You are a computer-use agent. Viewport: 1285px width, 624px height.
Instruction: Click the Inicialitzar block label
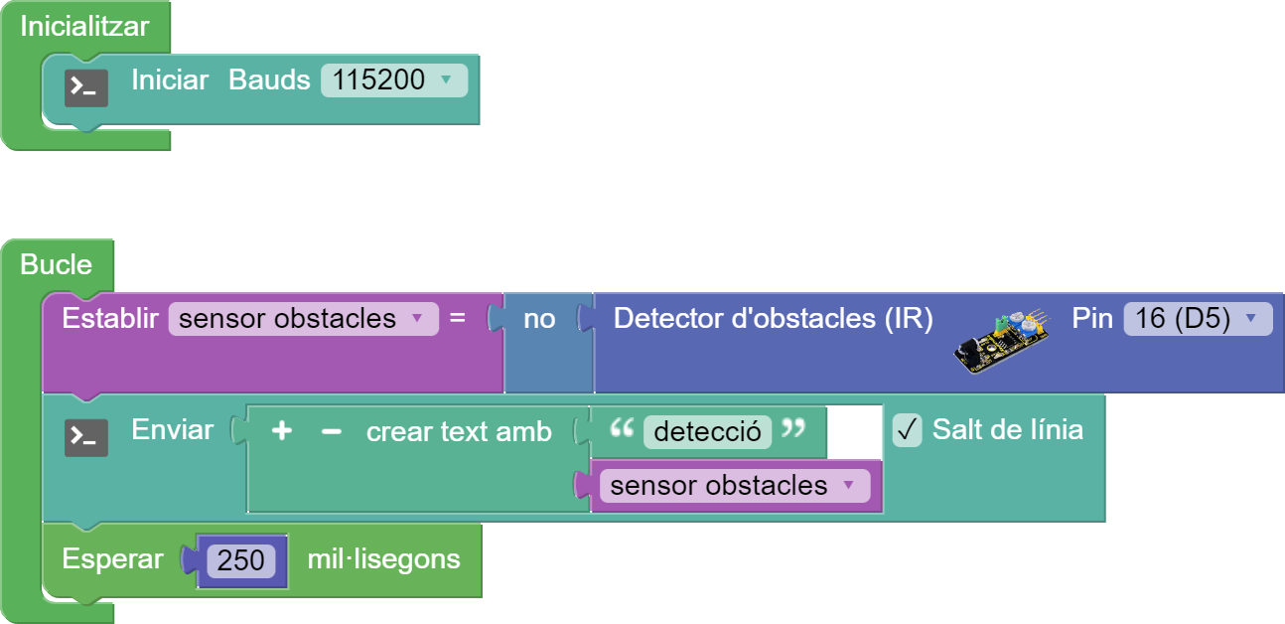click(84, 27)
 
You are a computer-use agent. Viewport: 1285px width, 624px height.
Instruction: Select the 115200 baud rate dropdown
click(393, 80)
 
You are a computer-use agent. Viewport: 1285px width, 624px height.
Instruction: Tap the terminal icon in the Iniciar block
click(86, 88)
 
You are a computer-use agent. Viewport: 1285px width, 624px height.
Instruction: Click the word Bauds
click(269, 80)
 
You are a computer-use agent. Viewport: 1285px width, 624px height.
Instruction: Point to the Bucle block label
click(57, 264)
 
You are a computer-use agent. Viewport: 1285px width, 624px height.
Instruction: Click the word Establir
click(109, 319)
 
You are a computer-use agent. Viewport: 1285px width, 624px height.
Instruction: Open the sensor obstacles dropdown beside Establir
click(303, 319)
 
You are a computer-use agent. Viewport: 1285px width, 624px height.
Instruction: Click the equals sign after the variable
click(458, 319)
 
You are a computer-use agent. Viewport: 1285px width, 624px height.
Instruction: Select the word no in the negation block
click(539, 319)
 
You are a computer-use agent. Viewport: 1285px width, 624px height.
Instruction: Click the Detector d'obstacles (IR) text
click(773, 319)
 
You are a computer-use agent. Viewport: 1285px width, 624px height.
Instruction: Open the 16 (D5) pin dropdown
click(1197, 319)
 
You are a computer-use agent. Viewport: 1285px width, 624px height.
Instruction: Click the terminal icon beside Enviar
click(86, 437)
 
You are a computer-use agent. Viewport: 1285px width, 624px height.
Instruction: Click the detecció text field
click(707, 431)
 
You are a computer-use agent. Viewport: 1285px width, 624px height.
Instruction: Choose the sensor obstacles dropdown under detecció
click(731, 486)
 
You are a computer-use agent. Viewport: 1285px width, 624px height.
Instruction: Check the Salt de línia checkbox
click(908, 430)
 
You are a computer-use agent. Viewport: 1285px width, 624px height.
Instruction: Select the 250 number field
click(241, 560)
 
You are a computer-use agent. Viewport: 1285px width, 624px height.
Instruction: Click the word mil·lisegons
click(383, 559)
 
